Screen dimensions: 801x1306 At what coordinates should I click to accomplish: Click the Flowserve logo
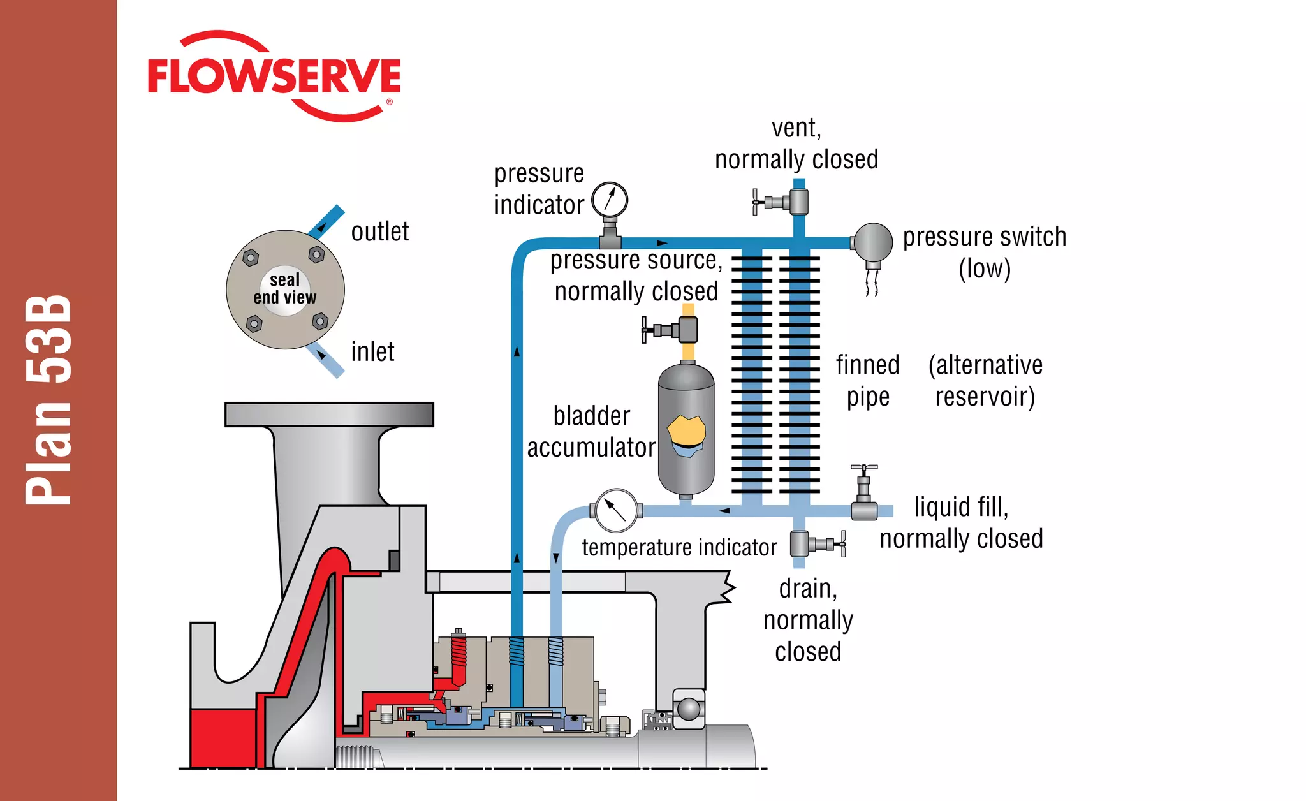tap(274, 77)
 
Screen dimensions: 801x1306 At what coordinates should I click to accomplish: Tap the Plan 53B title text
tap(48, 400)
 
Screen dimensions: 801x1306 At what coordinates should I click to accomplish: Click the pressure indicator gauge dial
tap(610, 200)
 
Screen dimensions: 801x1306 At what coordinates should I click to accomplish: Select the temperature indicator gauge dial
tap(616, 510)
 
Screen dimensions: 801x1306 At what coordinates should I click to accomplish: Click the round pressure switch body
tap(873, 242)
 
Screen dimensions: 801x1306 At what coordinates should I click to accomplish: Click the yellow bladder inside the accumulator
tap(687, 430)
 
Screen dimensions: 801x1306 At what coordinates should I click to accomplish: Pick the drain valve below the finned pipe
tap(810, 544)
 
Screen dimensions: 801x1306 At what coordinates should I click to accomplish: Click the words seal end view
tap(285, 289)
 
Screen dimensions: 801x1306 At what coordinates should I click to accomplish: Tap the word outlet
tap(380, 231)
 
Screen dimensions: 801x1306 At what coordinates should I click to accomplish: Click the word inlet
tap(372, 352)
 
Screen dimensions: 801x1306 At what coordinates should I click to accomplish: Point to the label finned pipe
tap(867, 381)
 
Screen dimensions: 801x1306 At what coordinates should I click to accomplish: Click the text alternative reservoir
tap(985, 381)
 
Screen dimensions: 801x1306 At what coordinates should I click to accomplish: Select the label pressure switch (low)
tap(985, 253)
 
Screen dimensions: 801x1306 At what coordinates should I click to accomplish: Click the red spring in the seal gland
tap(459, 657)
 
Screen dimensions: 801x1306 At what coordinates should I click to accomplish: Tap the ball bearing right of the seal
tap(689, 709)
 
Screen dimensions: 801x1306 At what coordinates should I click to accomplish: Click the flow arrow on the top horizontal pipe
tap(662, 243)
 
